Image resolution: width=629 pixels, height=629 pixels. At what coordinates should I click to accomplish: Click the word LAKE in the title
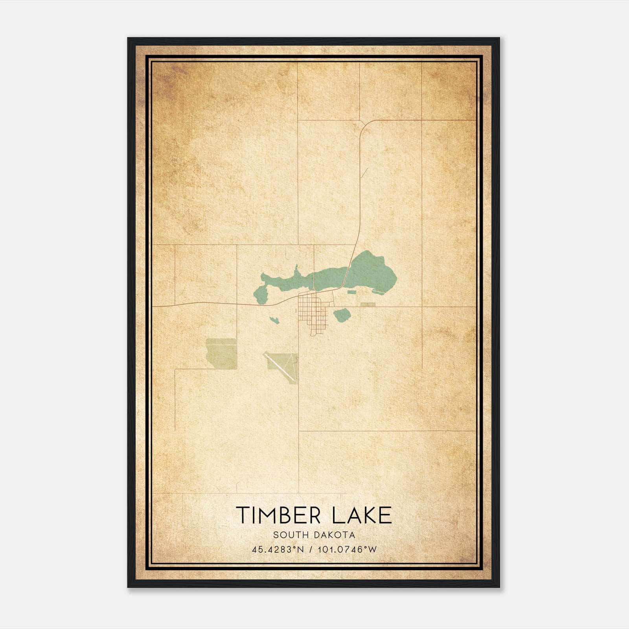362,515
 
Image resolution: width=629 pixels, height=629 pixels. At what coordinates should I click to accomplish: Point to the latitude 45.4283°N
278,549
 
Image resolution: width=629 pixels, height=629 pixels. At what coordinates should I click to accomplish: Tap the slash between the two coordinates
311,549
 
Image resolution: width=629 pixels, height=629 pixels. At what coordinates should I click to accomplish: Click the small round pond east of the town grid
342,314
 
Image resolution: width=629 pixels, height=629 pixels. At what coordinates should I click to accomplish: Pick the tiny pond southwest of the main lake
274,319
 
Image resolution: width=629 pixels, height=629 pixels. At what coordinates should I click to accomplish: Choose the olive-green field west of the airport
221,353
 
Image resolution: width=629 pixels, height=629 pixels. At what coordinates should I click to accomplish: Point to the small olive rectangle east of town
368,304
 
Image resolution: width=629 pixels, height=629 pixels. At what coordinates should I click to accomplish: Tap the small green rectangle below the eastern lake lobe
351,292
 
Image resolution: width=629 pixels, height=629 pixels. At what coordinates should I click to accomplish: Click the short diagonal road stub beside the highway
364,173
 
